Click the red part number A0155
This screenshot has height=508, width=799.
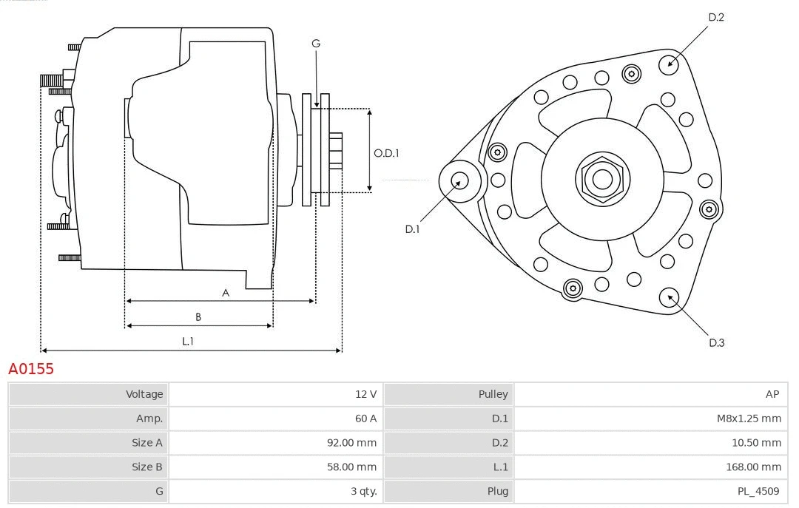pyautogui.click(x=31, y=369)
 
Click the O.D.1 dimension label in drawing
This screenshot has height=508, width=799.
pyautogui.click(x=386, y=153)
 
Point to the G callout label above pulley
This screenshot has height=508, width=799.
pyautogui.click(x=316, y=44)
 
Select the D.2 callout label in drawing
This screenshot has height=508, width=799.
pyautogui.click(x=715, y=17)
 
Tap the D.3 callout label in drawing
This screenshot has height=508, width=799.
pyautogui.click(x=716, y=342)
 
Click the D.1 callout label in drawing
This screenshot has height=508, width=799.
pyautogui.click(x=412, y=229)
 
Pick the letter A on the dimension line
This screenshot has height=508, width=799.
pyautogui.click(x=226, y=293)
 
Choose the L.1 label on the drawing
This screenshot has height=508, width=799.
pyautogui.click(x=188, y=341)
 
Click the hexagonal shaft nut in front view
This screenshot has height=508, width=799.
pyautogui.click(x=602, y=179)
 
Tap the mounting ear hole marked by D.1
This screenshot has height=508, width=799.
pyautogui.click(x=459, y=180)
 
